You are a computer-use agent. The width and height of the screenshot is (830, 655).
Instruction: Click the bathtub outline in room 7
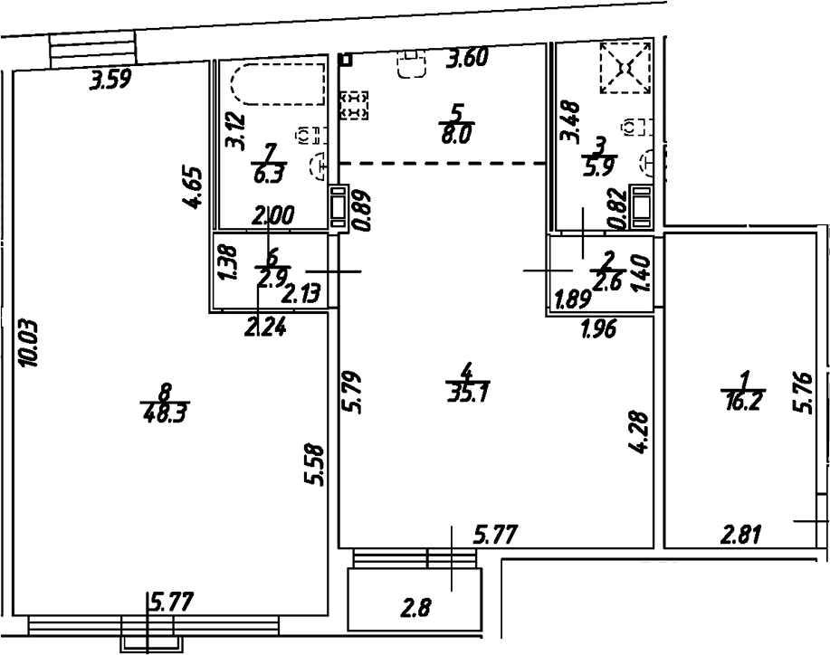(277, 86)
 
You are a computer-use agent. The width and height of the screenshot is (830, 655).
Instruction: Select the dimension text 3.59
(110, 81)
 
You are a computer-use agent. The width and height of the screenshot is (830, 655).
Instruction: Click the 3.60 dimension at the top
(469, 61)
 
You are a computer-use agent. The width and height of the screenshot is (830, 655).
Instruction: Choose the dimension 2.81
(741, 536)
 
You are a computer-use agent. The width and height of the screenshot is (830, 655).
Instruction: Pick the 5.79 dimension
(352, 388)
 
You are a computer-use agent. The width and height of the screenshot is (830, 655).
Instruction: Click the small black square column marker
(344, 60)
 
